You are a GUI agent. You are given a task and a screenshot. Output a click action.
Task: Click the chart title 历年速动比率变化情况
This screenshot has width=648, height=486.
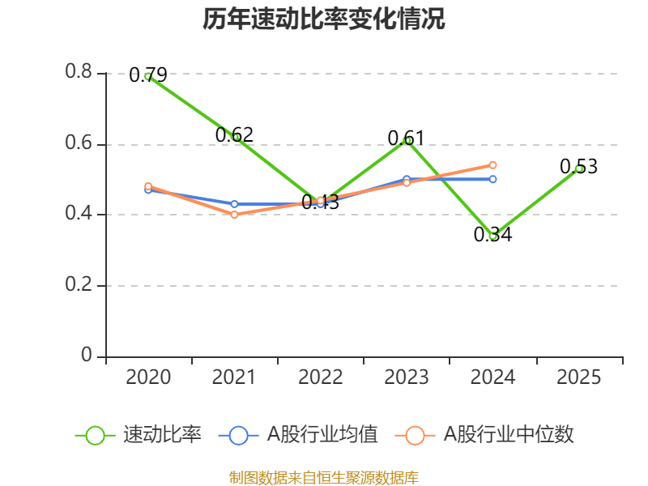tap(324, 19)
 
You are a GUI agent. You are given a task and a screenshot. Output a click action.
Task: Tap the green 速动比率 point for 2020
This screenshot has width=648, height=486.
tap(148, 76)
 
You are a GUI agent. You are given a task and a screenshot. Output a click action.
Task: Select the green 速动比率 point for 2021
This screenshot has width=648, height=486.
tap(235, 137)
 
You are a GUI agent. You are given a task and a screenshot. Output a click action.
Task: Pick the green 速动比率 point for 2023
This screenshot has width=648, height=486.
tap(407, 140)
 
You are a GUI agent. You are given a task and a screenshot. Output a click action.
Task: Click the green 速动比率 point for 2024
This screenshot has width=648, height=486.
tap(493, 236)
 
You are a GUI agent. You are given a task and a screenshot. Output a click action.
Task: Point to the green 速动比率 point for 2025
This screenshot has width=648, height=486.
tap(579, 168)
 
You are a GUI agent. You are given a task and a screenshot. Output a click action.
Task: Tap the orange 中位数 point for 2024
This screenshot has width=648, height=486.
tap(493, 165)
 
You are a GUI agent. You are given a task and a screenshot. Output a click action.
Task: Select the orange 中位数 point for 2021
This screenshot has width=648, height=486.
tap(235, 215)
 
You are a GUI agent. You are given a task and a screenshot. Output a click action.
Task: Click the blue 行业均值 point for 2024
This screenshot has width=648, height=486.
tap(493, 179)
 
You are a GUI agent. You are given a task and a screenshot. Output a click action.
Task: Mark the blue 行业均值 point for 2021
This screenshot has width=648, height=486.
tap(235, 204)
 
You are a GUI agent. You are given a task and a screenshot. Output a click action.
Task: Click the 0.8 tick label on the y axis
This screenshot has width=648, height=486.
tap(79, 73)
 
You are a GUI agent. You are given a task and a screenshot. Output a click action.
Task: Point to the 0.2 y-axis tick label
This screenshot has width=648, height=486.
tap(79, 286)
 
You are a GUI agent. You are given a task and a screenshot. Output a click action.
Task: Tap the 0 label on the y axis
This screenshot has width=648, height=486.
tap(87, 356)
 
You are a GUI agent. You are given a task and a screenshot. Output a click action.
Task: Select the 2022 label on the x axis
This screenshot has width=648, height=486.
tap(321, 377)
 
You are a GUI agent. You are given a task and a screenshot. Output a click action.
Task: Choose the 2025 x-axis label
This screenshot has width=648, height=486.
tap(579, 377)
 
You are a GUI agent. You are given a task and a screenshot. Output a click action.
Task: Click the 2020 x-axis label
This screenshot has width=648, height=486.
tap(149, 377)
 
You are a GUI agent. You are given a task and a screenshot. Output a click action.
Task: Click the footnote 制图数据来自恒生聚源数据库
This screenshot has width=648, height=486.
tap(324, 478)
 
